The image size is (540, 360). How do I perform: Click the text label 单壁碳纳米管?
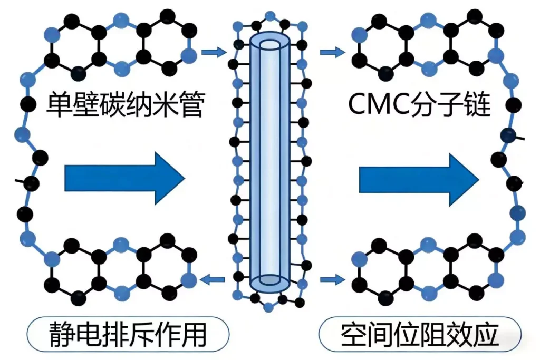tap(124, 105)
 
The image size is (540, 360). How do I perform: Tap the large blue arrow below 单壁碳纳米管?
tap(124, 179)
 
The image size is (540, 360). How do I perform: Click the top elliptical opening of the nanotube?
tap(269, 44)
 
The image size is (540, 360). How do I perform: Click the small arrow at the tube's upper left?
tap(214, 52)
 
